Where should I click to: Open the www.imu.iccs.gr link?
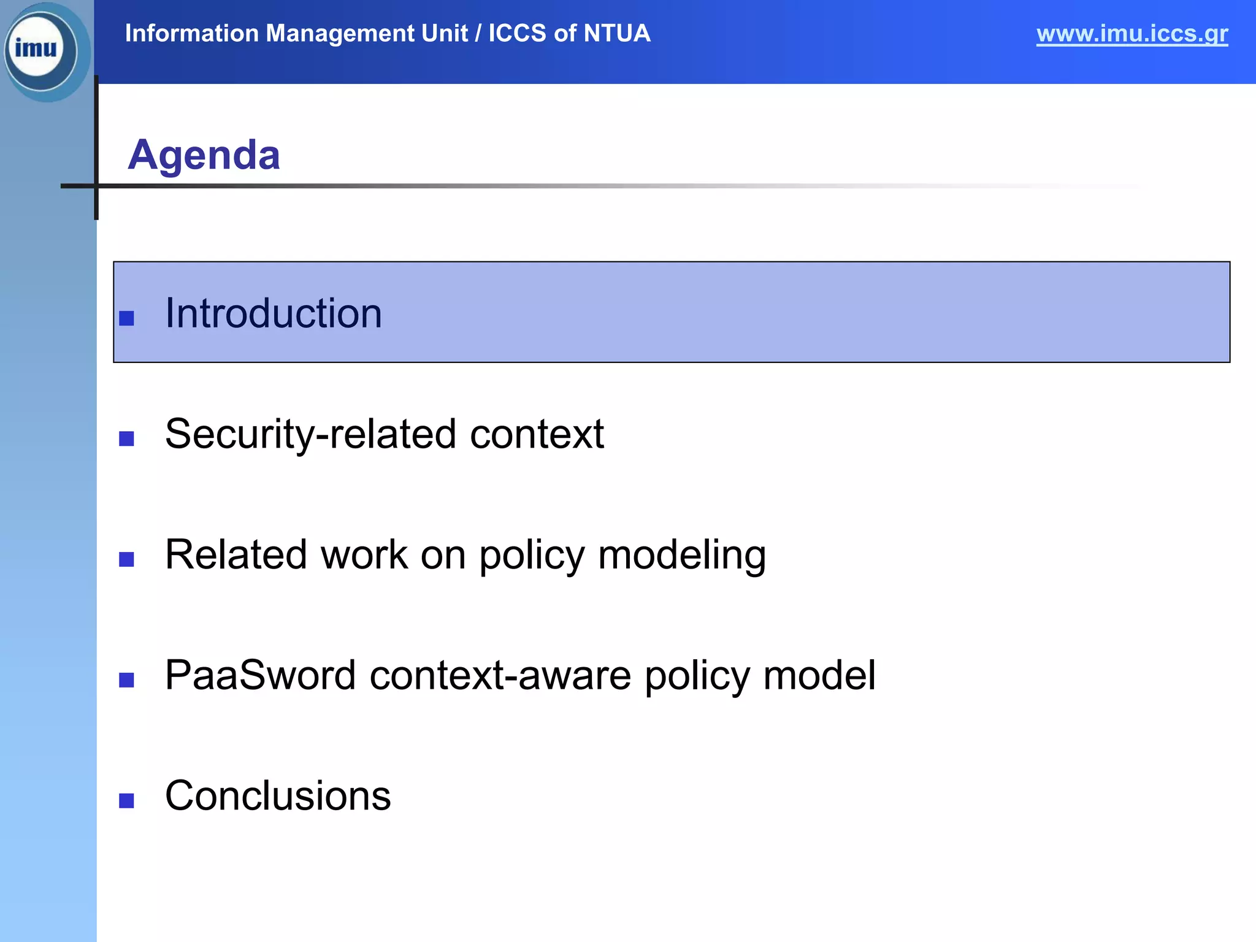[x=1132, y=34]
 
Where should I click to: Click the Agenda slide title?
[x=204, y=155]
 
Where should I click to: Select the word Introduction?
[x=274, y=313]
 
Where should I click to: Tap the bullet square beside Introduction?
[x=127, y=318]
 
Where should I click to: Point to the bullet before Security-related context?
[x=127, y=438]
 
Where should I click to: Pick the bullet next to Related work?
[x=127, y=559]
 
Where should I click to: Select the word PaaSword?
[x=261, y=675]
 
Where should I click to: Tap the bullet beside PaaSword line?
[x=127, y=680]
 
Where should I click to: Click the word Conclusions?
[x=278, y=796]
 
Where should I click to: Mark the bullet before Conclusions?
[x=127, y=801]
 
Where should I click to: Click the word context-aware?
[x=500, y=675]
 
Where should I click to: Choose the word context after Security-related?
[x=537, y=434]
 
